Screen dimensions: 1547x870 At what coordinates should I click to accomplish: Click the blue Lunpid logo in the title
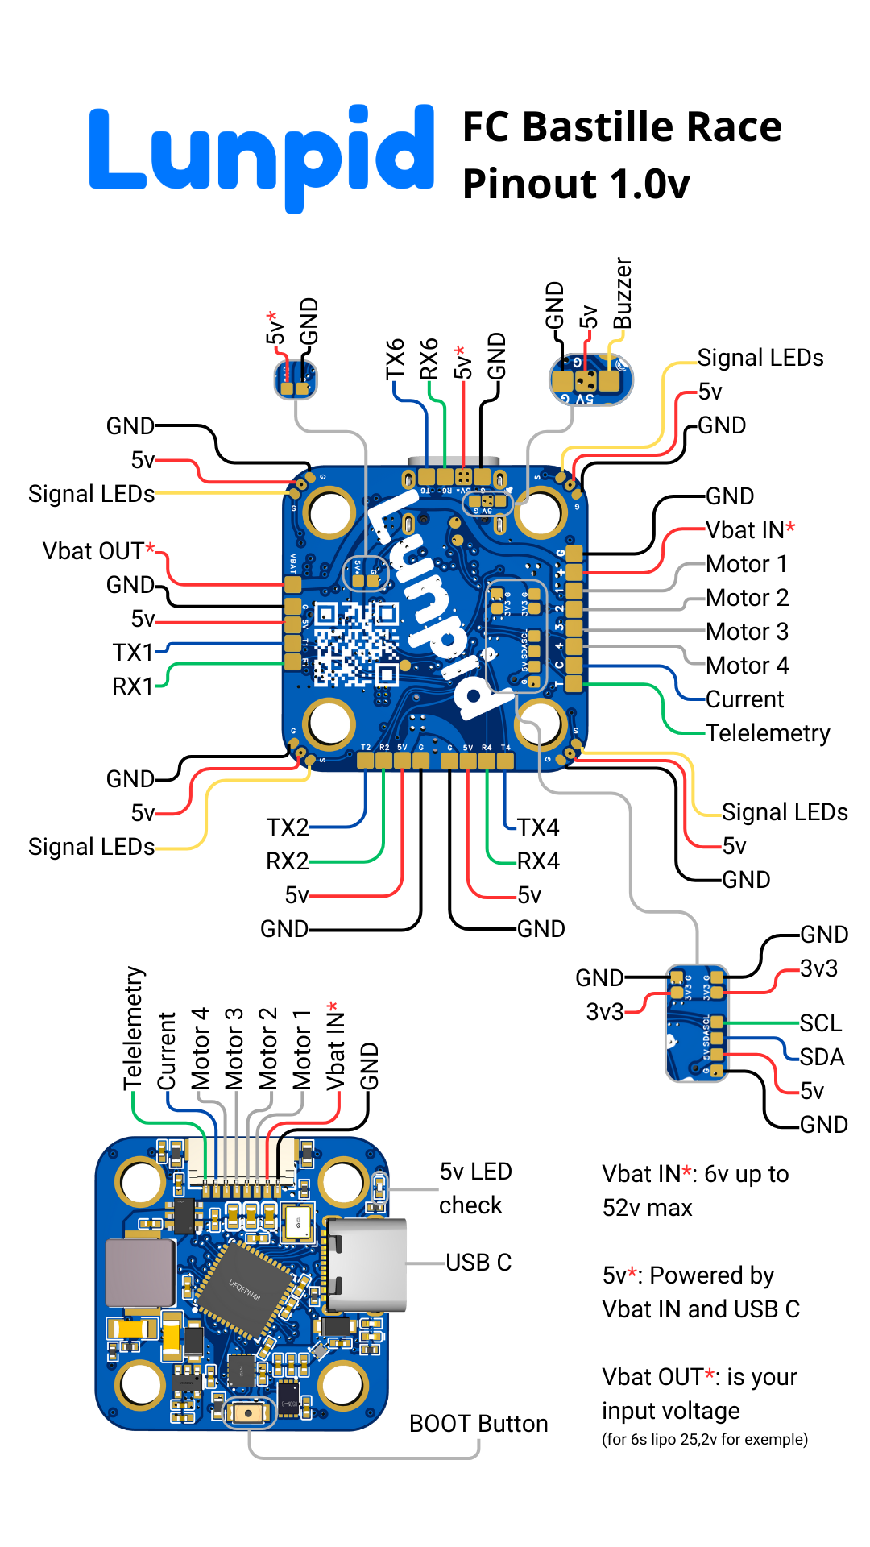click(262, 153)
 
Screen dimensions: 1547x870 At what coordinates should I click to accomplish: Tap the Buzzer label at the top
click(623, 293)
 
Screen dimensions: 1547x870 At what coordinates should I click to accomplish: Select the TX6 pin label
click(395, 359)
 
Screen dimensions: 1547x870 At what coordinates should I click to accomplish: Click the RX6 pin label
click(429, 359)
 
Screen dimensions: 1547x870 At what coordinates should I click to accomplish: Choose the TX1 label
click(133, 652)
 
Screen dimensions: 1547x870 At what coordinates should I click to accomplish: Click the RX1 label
click(133, 686)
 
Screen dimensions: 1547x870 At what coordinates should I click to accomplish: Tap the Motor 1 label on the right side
click(747, 564)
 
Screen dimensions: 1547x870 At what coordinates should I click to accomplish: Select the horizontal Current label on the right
click(744, 699)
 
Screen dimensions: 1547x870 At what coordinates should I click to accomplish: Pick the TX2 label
click(288, 827)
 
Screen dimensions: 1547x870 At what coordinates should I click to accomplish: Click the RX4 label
click(538, 861)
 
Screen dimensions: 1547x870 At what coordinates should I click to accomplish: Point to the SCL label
click(821, 1023)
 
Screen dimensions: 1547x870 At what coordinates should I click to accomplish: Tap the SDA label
click(822, 1057)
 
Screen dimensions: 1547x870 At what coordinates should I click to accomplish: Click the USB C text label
click(478, 1263)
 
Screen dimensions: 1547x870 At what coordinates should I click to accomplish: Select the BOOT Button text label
click(478, 1424)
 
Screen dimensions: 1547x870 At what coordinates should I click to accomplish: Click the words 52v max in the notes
click(647, 1208)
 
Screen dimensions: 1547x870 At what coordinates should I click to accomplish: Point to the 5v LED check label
click(475, 1188)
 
